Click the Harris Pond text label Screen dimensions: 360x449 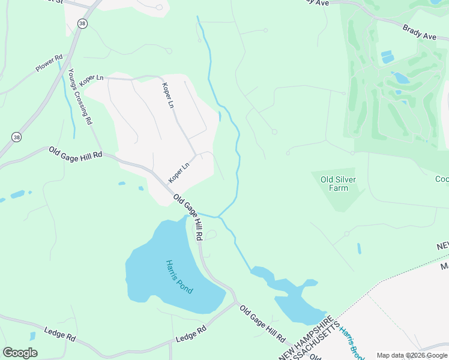click(x=179, y=276)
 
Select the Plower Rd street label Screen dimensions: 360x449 click(x=49, y=64)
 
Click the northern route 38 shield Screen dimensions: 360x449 click(x=82, y=23)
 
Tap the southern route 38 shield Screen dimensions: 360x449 click(x=16, y=137)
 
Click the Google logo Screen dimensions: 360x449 click(x=20, y=353)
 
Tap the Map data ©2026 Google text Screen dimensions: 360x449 click(x=412, y=355)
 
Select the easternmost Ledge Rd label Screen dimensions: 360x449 click(x=191, y=334)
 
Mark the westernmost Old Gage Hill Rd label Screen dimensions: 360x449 click(x=76, y=153)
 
